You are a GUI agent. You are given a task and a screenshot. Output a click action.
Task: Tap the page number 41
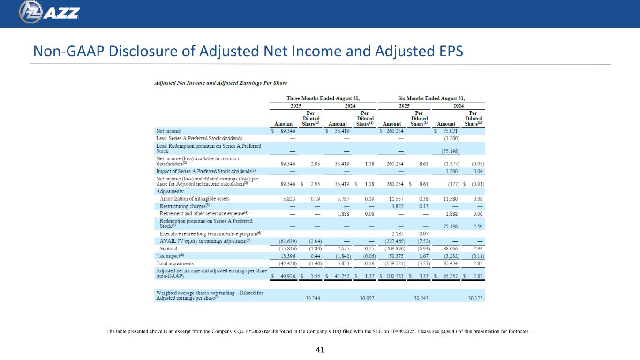pyautogui.click(x=320, y=350)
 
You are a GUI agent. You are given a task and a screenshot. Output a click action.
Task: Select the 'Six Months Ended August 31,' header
pyautogui.click(x=431, y=98)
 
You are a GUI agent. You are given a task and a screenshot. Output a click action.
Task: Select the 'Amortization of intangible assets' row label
pyautogui.click(x=195, y=199)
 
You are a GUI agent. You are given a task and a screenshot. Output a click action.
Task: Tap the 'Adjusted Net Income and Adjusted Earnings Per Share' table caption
pyautogui.click(x=221, y=83)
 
